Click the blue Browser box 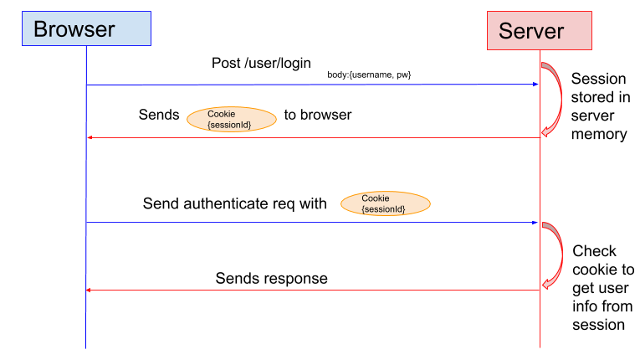click(86, 28)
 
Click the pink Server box click(539, 30)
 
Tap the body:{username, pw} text click(369, 75)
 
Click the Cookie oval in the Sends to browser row click(231, 119)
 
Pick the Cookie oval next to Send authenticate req click(385, 203)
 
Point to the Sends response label click(271, 278)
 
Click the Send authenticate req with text click(235, 203)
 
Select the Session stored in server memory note click(599, 106)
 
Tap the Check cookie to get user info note click(602, 287)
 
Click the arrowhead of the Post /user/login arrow click(534, 84)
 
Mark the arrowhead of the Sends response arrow click(90, 290)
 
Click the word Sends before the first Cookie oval click(159, 115)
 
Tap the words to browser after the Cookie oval click(318, 115)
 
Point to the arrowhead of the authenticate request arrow click(534, 223)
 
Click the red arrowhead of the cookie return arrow click(90, 138)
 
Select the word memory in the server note click(599, 134)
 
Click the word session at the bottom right click(599, 324)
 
